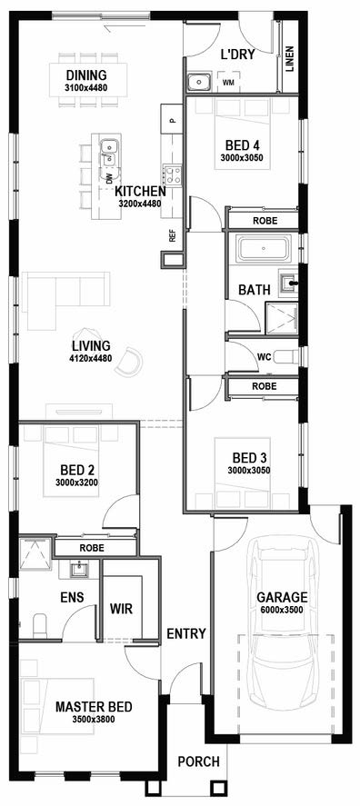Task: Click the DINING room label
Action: [x=85, y=75]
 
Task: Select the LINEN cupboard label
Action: [x=289, y=59]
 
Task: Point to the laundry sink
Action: [x=197, y=82]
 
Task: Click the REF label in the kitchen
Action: [x=173, y=236]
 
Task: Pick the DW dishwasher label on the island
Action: [x=109, y=179]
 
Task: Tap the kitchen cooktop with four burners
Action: [x=173, y=174]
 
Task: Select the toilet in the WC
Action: [x=286, y=356]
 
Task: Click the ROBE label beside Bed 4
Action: [x=265, y=221]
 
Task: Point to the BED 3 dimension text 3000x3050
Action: [x=249, y=469]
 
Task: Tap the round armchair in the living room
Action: [x=129, y=362]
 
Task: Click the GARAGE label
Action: [x=283, y=597]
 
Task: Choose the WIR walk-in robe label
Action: [x=122, y=609]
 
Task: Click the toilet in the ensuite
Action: [x=40, y=625]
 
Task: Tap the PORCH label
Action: [x=199, y=761]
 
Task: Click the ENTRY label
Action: [x=186, y=633]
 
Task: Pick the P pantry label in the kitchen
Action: [x=173, y=121]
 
